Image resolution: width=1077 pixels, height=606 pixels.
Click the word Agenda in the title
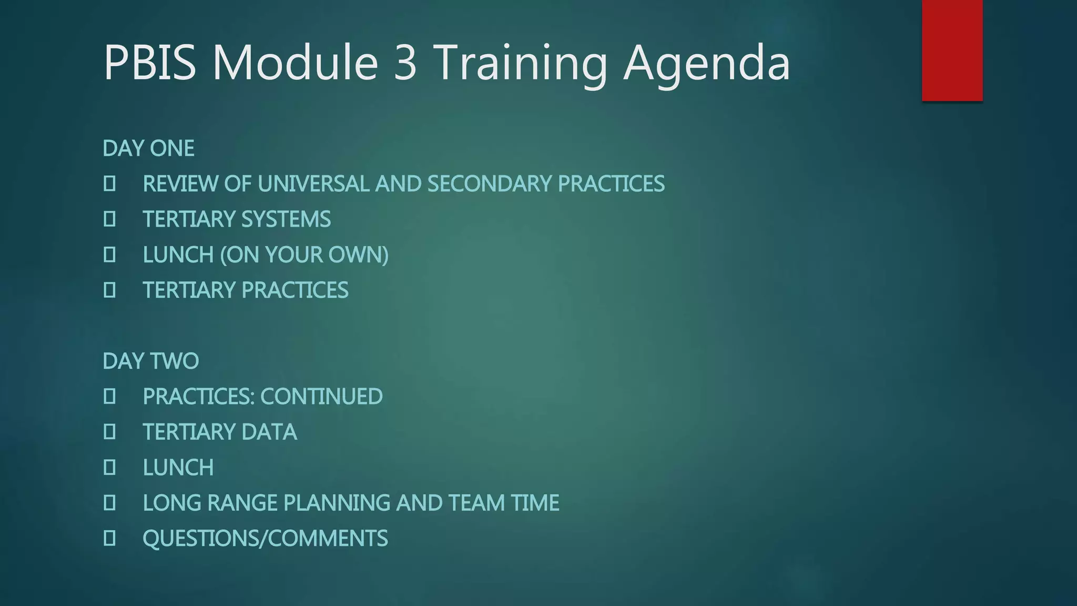tap(706, 63)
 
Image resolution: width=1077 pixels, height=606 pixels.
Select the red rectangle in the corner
tap(952, 50)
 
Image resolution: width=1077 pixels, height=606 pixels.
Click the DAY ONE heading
tap(149, 148)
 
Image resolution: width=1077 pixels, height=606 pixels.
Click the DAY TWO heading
tap(151, 361)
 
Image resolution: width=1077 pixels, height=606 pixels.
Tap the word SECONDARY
tap(489, 184)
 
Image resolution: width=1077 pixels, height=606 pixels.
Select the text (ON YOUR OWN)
tap(304, 255)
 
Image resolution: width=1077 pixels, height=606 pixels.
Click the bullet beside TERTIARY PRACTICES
tap(109, 290)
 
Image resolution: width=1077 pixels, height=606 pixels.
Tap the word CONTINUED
tap(322, 397)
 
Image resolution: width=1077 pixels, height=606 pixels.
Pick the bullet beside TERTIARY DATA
tap(109, 432)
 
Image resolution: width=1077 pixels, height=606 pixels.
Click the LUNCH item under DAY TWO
tap(178, 468)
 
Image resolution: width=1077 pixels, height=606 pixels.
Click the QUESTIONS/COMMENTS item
tap(265, 539)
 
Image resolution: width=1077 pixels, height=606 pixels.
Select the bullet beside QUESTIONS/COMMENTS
tap(109, 538)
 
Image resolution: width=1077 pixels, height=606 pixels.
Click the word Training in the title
tap(523, 63)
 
